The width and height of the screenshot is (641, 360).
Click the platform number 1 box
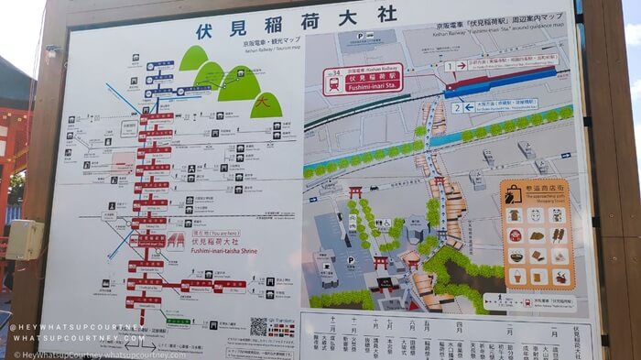[449, 66]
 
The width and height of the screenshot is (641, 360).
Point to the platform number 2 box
[455, 107]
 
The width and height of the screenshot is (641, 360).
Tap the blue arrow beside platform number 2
[469, 107]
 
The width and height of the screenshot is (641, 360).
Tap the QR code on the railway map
[259, 326]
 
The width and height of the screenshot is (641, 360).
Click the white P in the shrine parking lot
[351, 259]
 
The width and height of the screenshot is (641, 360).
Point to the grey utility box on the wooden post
[23, 240]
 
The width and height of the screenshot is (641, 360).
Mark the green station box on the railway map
[179, 322]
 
